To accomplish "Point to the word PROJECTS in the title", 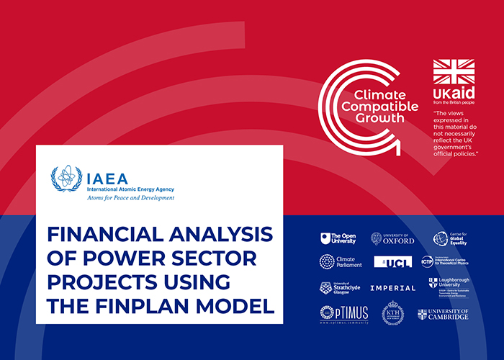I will point(94,282).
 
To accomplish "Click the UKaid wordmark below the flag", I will point(451,96).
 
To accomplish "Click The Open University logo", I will point(337,238).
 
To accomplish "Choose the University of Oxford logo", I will point(393,238).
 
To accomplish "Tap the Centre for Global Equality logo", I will point(450,238).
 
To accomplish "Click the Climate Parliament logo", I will point(337,261).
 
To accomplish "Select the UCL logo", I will point(393,261).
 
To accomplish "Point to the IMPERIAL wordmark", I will point(393,288).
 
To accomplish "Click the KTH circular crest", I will point(393,313).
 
